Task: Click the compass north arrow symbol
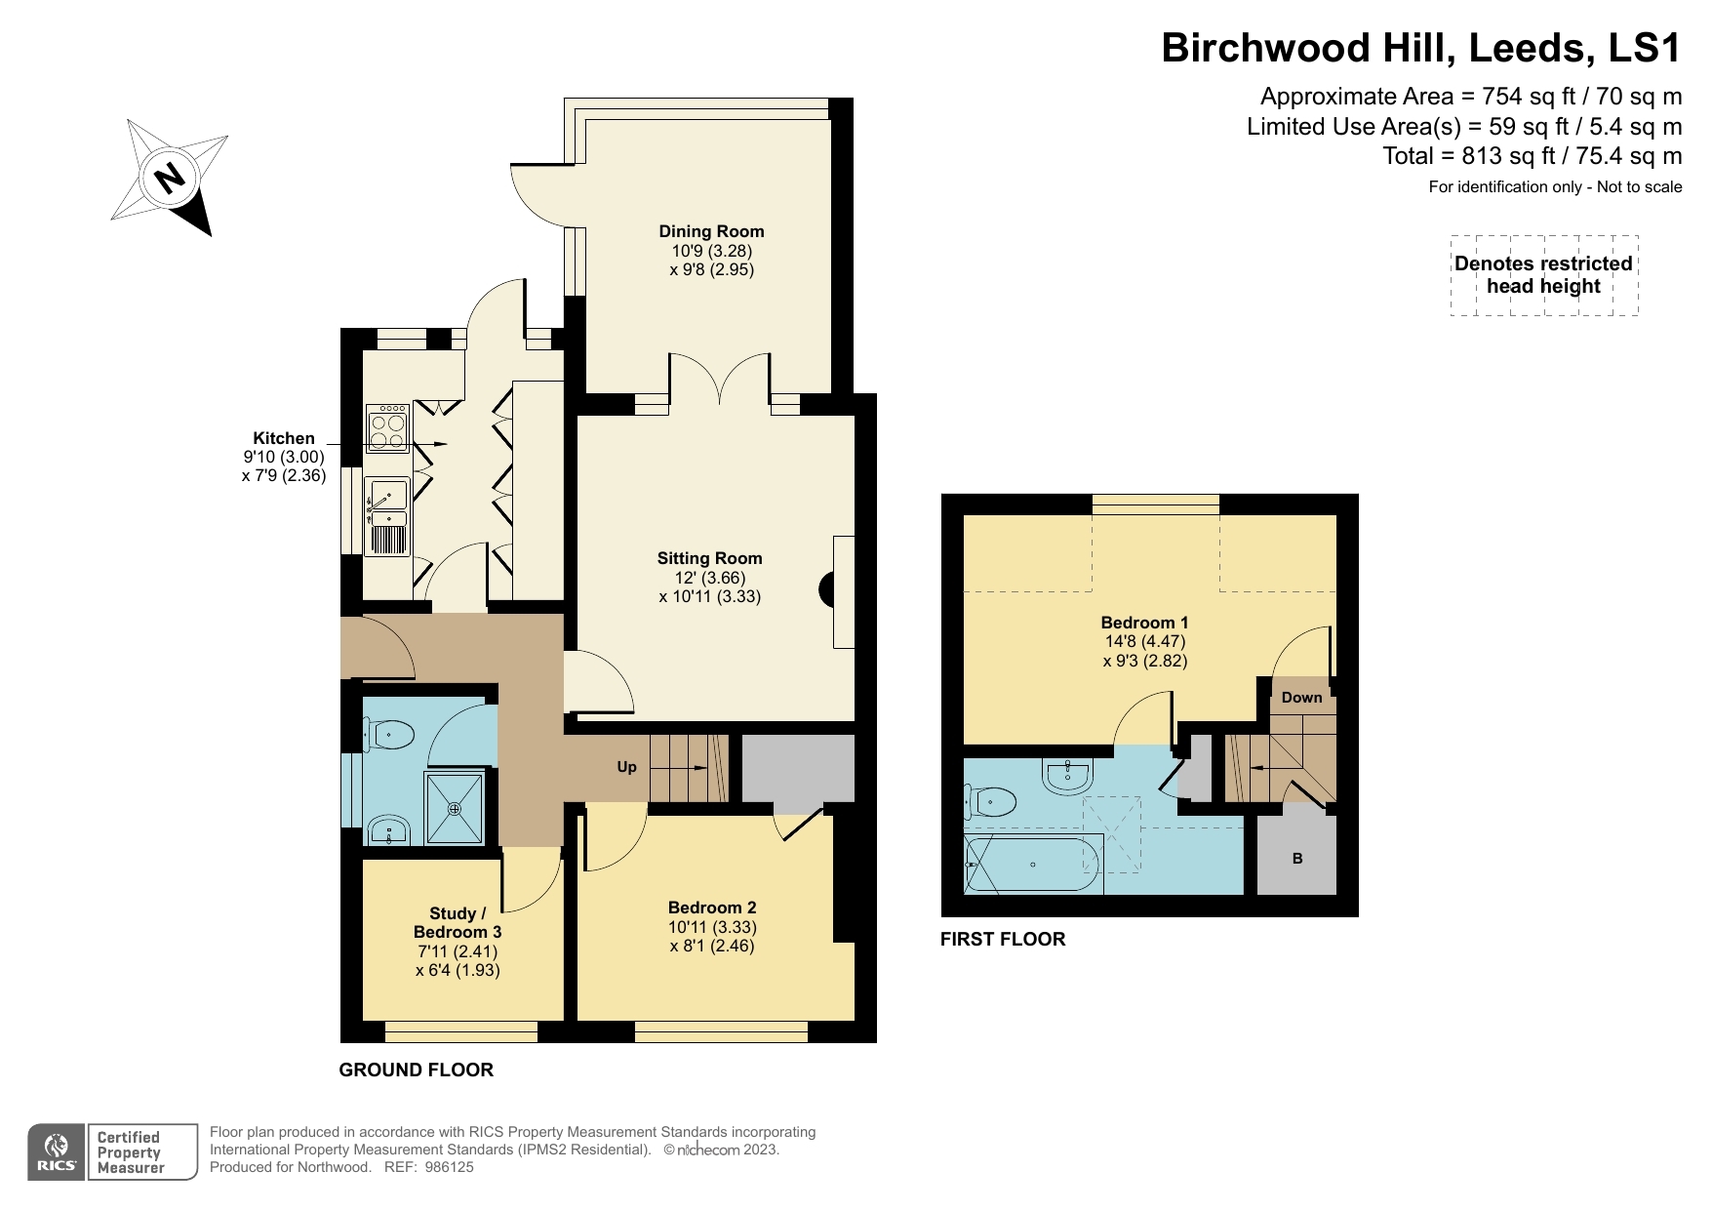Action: (170, 177)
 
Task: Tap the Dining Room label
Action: (711, 231)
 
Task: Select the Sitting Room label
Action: (709, 558)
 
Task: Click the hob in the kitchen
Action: (387, 428)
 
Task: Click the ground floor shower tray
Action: (455, 808)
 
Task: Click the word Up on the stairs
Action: (626, 767)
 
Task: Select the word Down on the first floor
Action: (1301, 697)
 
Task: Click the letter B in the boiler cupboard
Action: (1297, 859)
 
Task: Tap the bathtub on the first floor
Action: (1032, 864)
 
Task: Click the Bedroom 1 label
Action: (1144, 623)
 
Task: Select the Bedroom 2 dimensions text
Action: (712, 936)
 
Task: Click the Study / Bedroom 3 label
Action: (458, 922)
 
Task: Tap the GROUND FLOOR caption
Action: (416, 1070)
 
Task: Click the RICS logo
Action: (57, 1152)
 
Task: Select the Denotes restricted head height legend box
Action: (1543, 275)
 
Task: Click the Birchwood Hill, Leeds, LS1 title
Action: (1420, 48)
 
